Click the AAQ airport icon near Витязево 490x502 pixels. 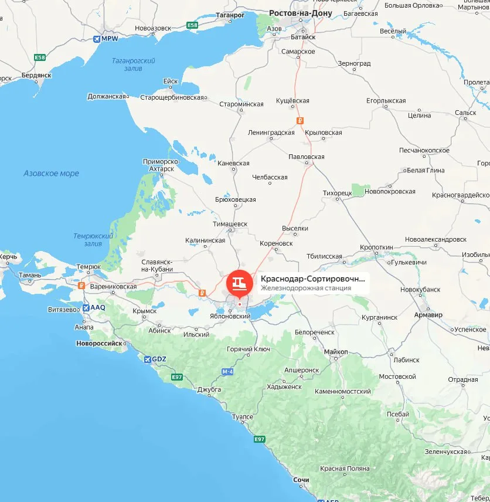click(87, 307)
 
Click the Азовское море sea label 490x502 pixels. click(51, 174)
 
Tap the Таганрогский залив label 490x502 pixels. click(134, 65)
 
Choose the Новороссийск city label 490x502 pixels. click(101, 343)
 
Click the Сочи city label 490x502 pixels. click(301, 480)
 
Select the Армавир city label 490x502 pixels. click(428, 315)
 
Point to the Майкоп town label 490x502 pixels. click(335, 352)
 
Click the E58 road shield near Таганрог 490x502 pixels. click(192, 25)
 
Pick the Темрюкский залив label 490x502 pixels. click(93, 239)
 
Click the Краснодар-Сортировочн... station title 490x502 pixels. click(312, 279)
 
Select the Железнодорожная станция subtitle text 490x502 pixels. click(305, 289)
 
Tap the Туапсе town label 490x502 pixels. click(243, 416)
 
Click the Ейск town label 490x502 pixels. click(171, 82)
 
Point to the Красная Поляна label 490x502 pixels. click(345, 469)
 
